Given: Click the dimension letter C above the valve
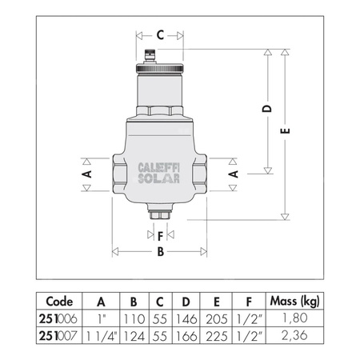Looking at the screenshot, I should tap(159, 34).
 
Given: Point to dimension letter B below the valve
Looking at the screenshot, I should tap(160, 252).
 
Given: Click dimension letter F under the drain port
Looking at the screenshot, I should tap(160, 235).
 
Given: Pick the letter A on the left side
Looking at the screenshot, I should tap(88, 173).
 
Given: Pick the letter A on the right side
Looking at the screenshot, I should tap(233, 173).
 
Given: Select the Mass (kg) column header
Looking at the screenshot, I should tap(298, 302).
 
